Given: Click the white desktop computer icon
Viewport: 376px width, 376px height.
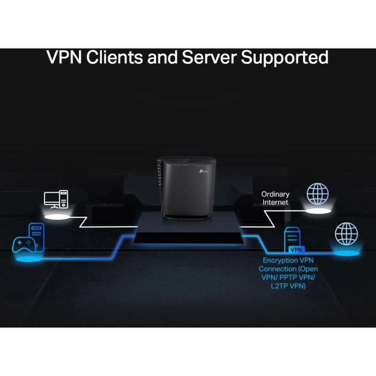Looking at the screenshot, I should click(56, 199).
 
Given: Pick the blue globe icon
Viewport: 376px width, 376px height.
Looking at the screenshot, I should click(346, 234).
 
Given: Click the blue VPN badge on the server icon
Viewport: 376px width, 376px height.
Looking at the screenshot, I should click(296, 250).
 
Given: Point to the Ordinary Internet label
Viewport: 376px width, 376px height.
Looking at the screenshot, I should click(275, 198).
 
